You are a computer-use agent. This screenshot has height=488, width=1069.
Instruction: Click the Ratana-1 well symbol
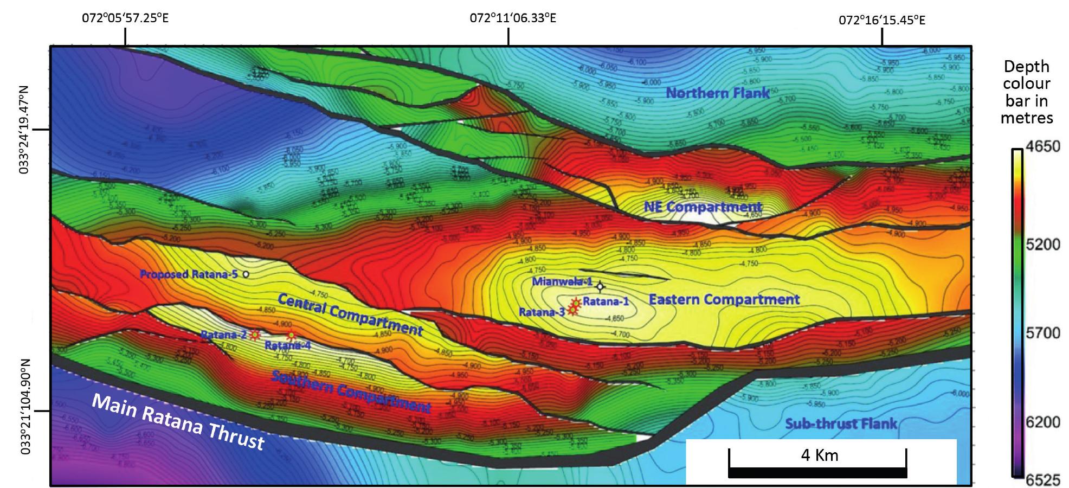[576, 302]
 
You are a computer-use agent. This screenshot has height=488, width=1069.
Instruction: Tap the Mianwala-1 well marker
[600, 286]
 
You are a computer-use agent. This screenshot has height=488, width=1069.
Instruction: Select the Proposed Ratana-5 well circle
[246, 274]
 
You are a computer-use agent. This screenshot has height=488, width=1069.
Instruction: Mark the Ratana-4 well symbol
[291, 336]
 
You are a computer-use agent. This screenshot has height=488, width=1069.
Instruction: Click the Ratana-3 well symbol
[572, 310]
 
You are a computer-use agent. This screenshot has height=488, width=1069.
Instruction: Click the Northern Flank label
[717, 93]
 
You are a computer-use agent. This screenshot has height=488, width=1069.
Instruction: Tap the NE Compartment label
[703, 207]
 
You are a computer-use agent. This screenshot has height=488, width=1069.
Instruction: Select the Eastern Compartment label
[724, 299]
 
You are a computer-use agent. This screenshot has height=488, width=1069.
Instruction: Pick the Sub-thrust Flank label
[841, 423]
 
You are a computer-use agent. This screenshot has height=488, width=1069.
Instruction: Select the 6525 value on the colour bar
[1043, 480]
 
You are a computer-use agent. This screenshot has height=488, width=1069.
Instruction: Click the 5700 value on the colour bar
[1043, 332]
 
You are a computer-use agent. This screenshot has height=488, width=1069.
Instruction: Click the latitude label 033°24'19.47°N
[24, 129]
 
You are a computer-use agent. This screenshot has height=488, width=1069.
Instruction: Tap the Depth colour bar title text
[1026, 92]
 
